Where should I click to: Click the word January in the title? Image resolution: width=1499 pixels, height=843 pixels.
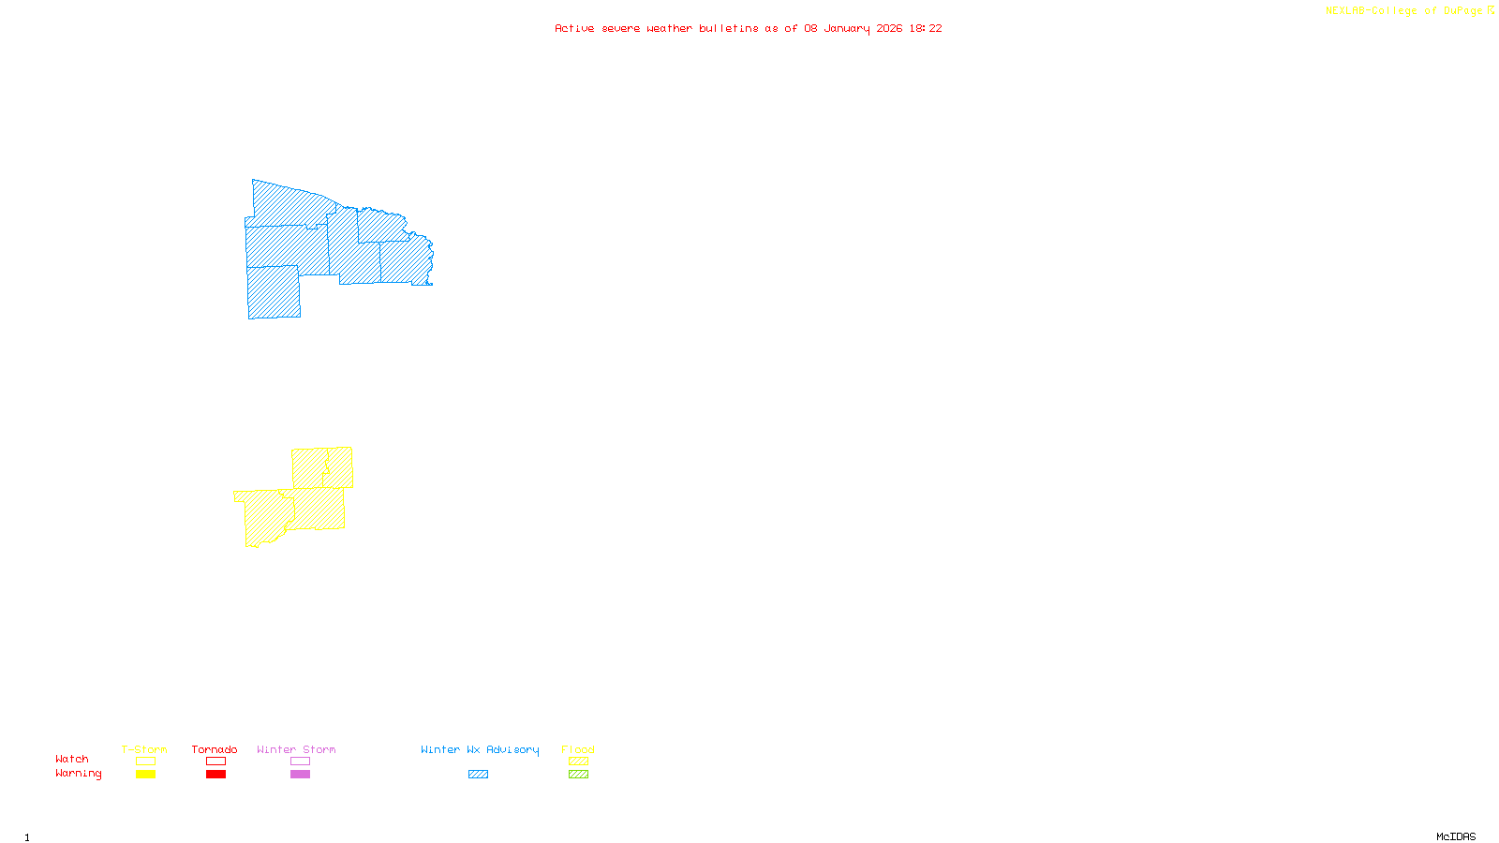click(x=847, y=29)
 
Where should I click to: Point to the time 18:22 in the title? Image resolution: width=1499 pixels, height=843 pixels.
click(x=925, y=29)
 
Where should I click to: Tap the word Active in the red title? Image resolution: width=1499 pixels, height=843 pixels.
click(x=573, y=29)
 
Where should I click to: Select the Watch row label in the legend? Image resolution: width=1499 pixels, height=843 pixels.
click(x=72, y=760)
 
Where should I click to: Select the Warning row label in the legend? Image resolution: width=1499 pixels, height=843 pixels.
click(x=78, y=774)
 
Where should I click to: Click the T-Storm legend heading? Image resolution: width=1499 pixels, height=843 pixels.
click(x=144, y=749)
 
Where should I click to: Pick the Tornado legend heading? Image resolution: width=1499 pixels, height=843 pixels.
click(x=215, y=749)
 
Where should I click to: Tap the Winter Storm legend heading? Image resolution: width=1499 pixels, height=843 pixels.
click(x=296, y=749)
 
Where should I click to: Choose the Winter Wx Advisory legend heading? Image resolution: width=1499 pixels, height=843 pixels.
click(x=480, y=749)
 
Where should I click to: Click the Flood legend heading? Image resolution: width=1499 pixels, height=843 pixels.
click(x=578, y=749)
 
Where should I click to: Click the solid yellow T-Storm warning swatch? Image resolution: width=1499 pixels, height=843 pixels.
click(x=145, y=775)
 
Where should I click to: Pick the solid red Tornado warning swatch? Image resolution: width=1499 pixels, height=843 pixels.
click(x=215, y=775)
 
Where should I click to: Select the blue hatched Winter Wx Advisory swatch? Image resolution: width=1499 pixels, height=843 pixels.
click(x=478, y=775)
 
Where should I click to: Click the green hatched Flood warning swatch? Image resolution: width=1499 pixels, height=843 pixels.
click(x=578, y=775)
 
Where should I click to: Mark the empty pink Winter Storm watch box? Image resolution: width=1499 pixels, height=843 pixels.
click(x=300, y=762)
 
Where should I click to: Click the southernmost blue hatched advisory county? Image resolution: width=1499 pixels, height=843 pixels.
click(x=274, y=292)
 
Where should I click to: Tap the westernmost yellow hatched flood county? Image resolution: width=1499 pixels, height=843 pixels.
click(x=263, y=518)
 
